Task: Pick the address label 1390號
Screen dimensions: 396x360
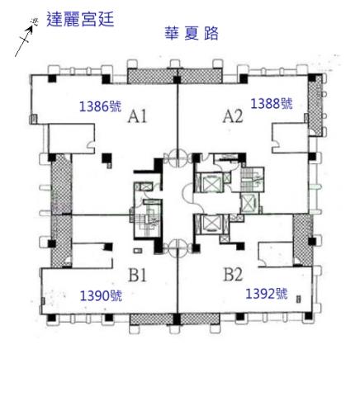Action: [x=100, y=295]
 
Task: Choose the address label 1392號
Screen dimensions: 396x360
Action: [x=266, y=294]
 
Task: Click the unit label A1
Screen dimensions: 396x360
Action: [x=137, y=118]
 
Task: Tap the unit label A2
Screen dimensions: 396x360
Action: [x=233, y=117]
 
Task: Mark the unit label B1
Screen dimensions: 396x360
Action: [x=137, y=274]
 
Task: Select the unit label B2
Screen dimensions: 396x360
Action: [x=232, y=273]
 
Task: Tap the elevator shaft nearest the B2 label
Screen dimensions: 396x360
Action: [x=210, y=224]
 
